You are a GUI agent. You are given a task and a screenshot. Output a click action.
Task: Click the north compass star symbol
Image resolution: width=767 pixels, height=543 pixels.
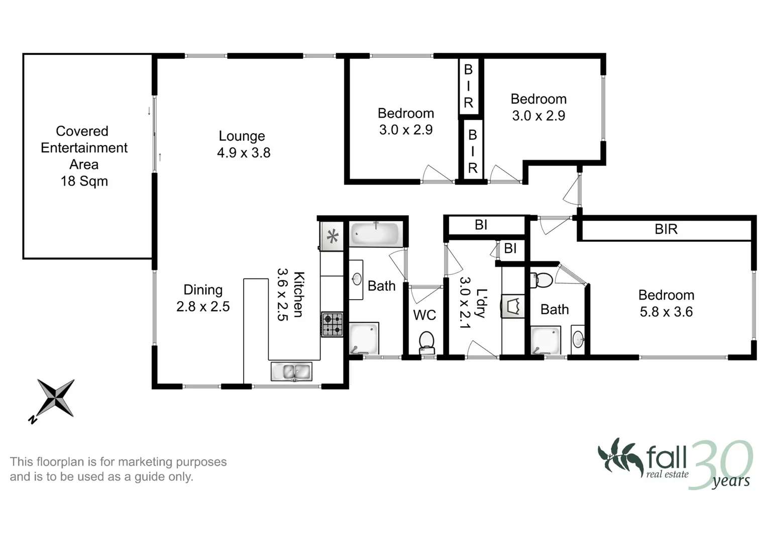click(x=56, y=398)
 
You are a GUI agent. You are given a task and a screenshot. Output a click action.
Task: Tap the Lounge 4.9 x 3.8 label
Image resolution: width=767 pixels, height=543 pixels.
click(x=243, y=144)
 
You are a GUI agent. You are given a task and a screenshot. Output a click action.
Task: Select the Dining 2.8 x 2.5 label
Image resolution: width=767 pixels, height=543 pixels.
click(x=203, y=298)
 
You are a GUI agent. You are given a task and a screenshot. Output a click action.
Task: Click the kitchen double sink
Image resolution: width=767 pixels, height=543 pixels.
click(x=291, y=372)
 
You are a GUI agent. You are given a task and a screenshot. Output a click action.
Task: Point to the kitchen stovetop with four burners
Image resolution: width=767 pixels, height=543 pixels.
click(x=332, y=324)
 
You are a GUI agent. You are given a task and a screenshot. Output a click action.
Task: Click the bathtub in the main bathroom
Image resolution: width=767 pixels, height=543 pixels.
click(x=375, y=234)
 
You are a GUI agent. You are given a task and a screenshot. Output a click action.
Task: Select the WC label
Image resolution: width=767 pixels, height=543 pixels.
click(x=424, y=315)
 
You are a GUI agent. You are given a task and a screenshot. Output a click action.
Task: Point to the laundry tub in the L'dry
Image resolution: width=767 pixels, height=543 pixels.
click(x=513, y=306)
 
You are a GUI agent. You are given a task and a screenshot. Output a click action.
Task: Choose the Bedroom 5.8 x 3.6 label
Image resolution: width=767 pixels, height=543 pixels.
click(x=666, y=303)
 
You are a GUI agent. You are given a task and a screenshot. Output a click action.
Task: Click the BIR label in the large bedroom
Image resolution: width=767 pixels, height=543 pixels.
click(x=666, y=229)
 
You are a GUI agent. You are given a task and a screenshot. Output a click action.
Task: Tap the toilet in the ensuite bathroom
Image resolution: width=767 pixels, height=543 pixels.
click(x=542, y=280)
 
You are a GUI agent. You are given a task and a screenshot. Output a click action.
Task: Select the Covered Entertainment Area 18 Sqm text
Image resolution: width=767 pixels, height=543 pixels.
click(x=84, y=156)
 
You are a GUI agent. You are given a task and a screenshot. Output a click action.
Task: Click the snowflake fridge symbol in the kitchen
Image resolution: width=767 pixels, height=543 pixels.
click(x=333, y=236)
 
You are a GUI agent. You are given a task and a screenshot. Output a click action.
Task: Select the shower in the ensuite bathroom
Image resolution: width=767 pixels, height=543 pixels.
click(x=546, y=340)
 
